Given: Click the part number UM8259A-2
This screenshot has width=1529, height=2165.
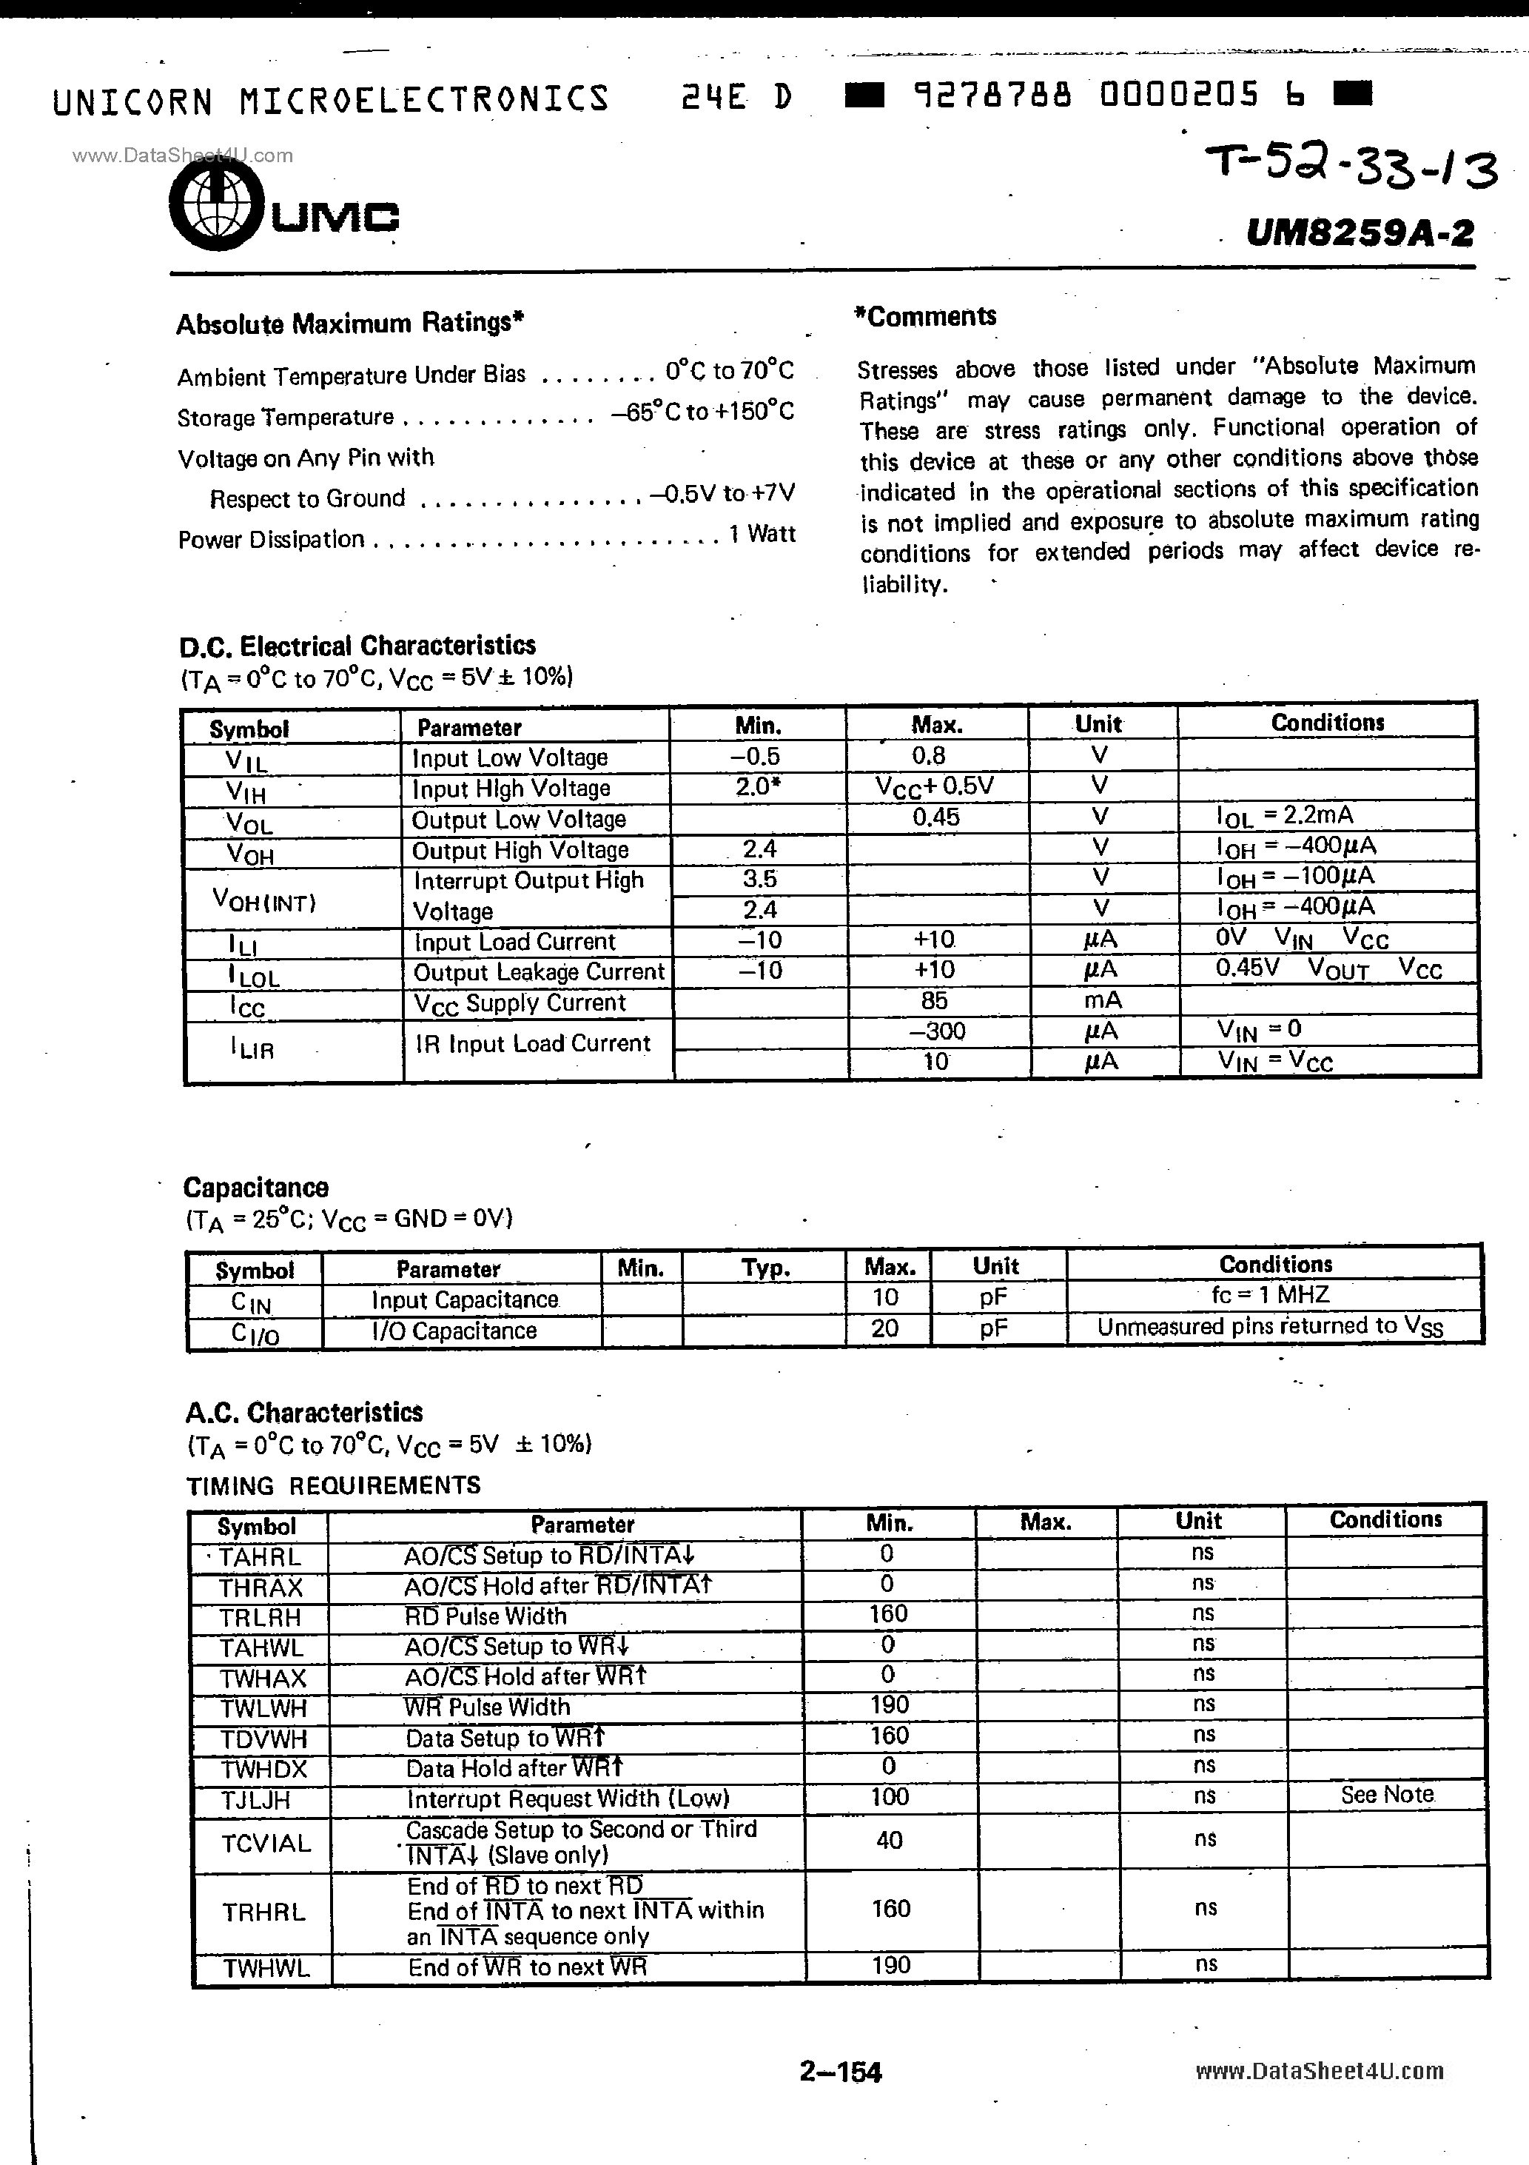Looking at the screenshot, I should click(1360, 231).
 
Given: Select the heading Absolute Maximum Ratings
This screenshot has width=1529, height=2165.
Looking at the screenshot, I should click(350, 324).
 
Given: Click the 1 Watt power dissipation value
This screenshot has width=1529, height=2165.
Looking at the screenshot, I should click(762, 534).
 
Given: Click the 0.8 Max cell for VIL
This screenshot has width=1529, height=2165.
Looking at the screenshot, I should click(929, 755).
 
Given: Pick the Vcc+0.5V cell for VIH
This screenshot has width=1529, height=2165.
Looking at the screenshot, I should click(934, 786).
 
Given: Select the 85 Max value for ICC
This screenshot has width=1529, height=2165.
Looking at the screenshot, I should click(933, 1000).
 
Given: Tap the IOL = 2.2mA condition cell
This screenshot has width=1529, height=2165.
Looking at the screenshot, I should click(1284, 814).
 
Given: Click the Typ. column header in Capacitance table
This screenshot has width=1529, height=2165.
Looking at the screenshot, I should click(765, 1268).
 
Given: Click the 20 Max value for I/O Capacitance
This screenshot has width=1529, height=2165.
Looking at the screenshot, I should click(884, 1328).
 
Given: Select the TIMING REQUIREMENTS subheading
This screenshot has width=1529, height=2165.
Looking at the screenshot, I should click(334, 1485).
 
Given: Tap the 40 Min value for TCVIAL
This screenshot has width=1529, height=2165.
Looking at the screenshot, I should click(889, 1841).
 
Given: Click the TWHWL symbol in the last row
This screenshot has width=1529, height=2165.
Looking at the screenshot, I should click(265, 1969).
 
